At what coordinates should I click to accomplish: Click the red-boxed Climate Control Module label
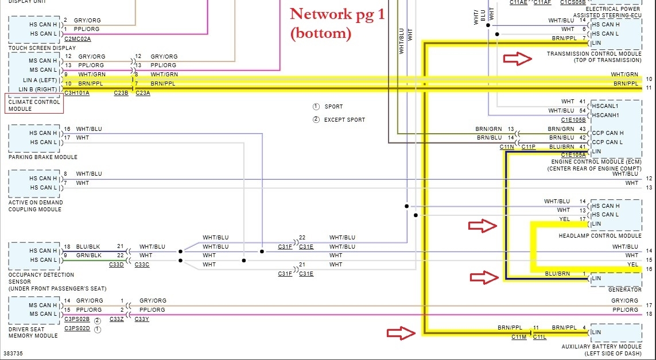click(34, 105)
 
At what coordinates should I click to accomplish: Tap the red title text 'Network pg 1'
click(337, 14)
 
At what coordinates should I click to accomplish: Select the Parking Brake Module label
click(43, 157)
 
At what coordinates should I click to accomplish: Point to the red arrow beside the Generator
click(484, 278)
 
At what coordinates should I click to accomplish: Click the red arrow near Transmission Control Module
click(518, 57)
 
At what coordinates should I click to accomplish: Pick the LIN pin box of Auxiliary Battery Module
click(616, 332)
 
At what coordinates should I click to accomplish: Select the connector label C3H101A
click(76, 92)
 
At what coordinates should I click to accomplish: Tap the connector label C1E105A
click(574, 154)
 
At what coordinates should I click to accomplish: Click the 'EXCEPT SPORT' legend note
click(344, 119)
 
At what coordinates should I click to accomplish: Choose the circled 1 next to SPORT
click(316, 107)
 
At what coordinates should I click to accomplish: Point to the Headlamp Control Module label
click(600, 236)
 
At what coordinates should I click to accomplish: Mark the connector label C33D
click(117, 265)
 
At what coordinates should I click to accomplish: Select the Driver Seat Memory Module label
click(33, 332)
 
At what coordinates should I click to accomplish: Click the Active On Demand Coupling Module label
click(36, 206)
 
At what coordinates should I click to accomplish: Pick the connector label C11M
click(519, 337)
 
